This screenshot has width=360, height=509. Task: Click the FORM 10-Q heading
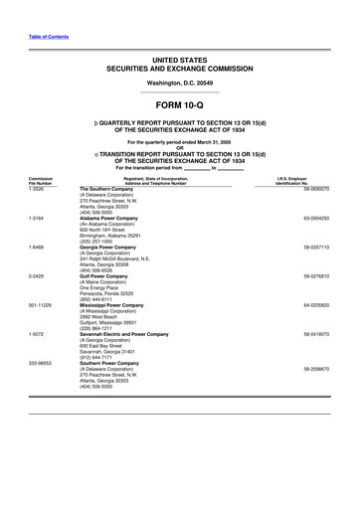pyautogui.click(x=179, y=104)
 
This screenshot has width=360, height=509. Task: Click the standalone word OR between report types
pyautogui.click(x=180, y=149)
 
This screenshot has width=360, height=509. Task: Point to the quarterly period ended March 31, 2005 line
pyautogui.click(x=179, y=143)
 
